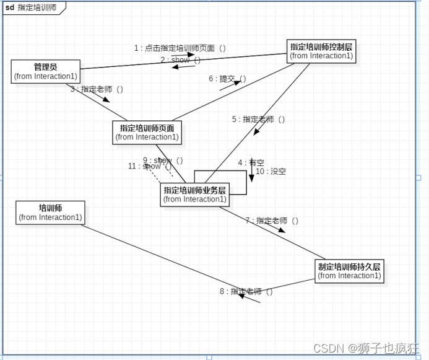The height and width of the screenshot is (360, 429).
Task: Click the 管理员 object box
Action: [x=46, y=71]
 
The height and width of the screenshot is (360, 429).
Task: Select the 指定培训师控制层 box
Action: [x=321, y=51]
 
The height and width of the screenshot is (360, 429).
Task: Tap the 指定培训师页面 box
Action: [x=147, y=133]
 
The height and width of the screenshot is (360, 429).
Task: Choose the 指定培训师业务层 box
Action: [x=194, y=195]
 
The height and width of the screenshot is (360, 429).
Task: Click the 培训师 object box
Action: [x=50, y=213]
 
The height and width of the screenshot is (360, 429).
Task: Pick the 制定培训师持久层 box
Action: [x=350, y=271]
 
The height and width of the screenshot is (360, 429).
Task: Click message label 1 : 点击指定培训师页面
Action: [x=180, y=48]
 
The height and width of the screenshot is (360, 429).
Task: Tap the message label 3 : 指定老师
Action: [x=97, y=89]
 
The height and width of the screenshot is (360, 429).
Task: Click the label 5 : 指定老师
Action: [x=258, y=119]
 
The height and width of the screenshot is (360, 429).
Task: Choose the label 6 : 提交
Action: [x=227, y=79]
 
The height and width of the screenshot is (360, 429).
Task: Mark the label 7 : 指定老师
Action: [x=272, y=220]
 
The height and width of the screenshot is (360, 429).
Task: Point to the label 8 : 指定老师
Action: [x=246, y=291]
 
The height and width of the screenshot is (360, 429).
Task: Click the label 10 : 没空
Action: [x=271, y=171]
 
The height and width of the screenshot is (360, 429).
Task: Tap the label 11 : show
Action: [x=149, y=166]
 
